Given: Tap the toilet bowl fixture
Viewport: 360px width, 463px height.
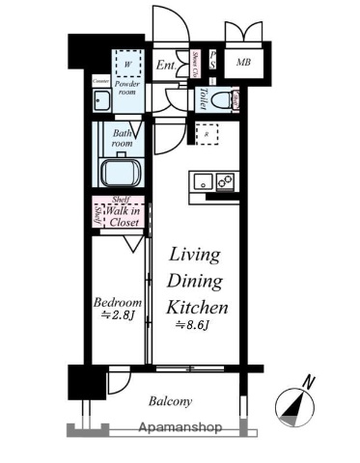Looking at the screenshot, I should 223,98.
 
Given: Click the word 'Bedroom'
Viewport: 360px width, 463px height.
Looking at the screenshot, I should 119,301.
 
